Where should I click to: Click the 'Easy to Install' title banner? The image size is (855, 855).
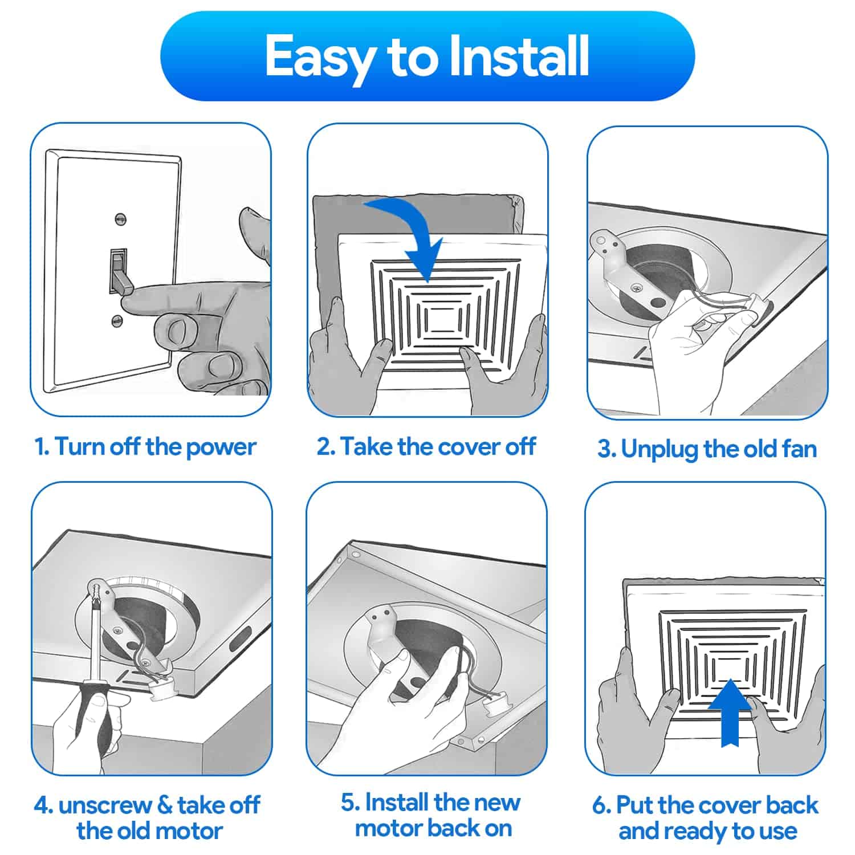tap(427, 56)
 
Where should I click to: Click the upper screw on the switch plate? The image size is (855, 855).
tap(120, 218)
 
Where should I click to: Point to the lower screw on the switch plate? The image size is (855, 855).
tap(117, 320)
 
